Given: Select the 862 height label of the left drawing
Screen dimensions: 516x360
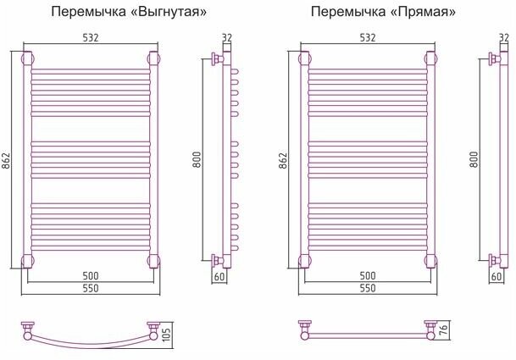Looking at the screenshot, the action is (x=8, y=161).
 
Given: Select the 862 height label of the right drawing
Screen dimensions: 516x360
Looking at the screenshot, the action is (x=286, y=161).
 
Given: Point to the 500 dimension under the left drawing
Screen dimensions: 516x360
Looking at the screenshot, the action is (x=92, y=275).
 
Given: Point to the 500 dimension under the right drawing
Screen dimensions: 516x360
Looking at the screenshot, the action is (x=368, y=275).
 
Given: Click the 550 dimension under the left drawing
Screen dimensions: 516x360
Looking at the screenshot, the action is (x=92, y=289).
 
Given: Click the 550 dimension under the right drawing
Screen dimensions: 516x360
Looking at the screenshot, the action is (x=368, y=289).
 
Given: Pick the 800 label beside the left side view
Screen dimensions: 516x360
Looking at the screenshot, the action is (x=197, y=159).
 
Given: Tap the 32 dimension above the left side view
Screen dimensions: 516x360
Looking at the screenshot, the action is (x=225, y=37).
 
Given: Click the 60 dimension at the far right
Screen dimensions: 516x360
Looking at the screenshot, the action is (x=498, y=276).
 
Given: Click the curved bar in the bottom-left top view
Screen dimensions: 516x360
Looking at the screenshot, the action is (x=92, y=343).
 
